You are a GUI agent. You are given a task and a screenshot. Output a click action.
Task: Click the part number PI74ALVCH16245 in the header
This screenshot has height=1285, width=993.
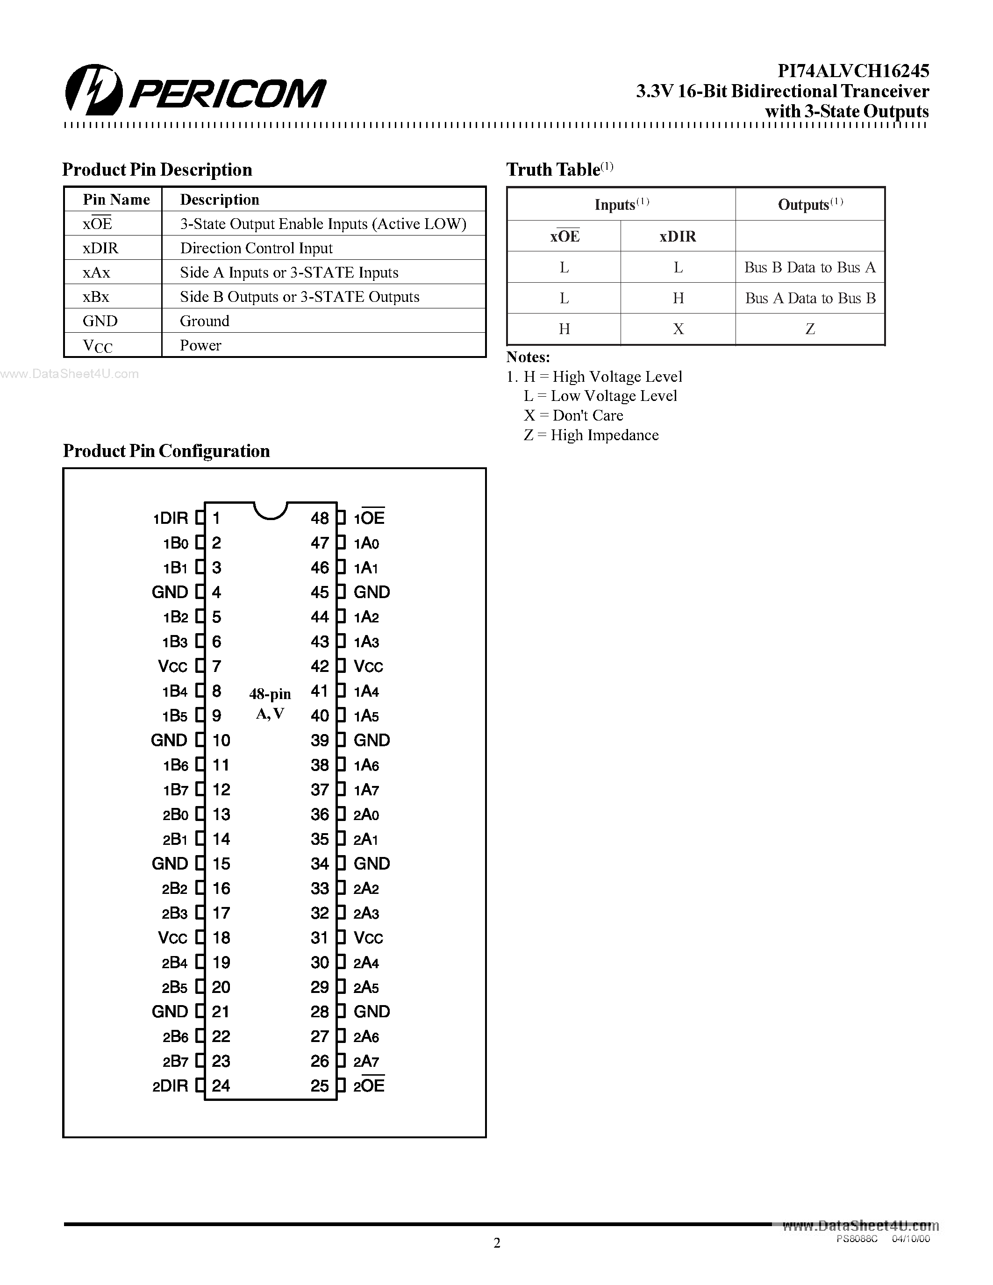853,71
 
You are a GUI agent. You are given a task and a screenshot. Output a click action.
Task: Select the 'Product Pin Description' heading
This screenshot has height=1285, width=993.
157,170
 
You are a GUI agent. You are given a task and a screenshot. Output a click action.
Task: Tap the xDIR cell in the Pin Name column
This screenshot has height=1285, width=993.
100,248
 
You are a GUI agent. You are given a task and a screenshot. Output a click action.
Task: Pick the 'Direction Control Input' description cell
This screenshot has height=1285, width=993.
256,248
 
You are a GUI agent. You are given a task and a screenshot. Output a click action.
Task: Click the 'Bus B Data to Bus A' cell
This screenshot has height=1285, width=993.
809,268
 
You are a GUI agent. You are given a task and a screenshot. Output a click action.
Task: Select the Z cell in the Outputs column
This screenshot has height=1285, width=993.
809,329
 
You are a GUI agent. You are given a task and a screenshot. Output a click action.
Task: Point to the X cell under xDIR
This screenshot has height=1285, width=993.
678,329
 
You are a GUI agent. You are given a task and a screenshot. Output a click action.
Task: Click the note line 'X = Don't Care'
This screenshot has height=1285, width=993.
573,415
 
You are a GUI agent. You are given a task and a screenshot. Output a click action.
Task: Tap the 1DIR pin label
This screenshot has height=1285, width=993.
170,518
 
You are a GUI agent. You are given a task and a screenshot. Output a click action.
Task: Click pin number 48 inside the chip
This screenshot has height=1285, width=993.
320,518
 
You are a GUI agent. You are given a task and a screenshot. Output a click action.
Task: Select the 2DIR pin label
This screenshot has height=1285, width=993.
170,1086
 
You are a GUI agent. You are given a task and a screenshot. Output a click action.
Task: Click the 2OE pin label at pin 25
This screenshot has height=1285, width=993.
369,1086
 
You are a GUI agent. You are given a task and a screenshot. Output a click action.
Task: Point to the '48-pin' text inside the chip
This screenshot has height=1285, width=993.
270,694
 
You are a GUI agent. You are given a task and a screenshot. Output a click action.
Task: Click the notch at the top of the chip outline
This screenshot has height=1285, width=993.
270,510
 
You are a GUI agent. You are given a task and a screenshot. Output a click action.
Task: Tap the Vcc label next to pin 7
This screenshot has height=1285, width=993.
172,667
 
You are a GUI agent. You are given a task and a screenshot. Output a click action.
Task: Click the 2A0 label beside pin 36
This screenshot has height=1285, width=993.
366,815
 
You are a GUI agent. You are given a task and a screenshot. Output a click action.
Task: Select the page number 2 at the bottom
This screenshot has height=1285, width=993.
496,1242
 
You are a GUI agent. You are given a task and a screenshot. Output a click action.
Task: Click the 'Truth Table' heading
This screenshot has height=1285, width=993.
553,170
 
